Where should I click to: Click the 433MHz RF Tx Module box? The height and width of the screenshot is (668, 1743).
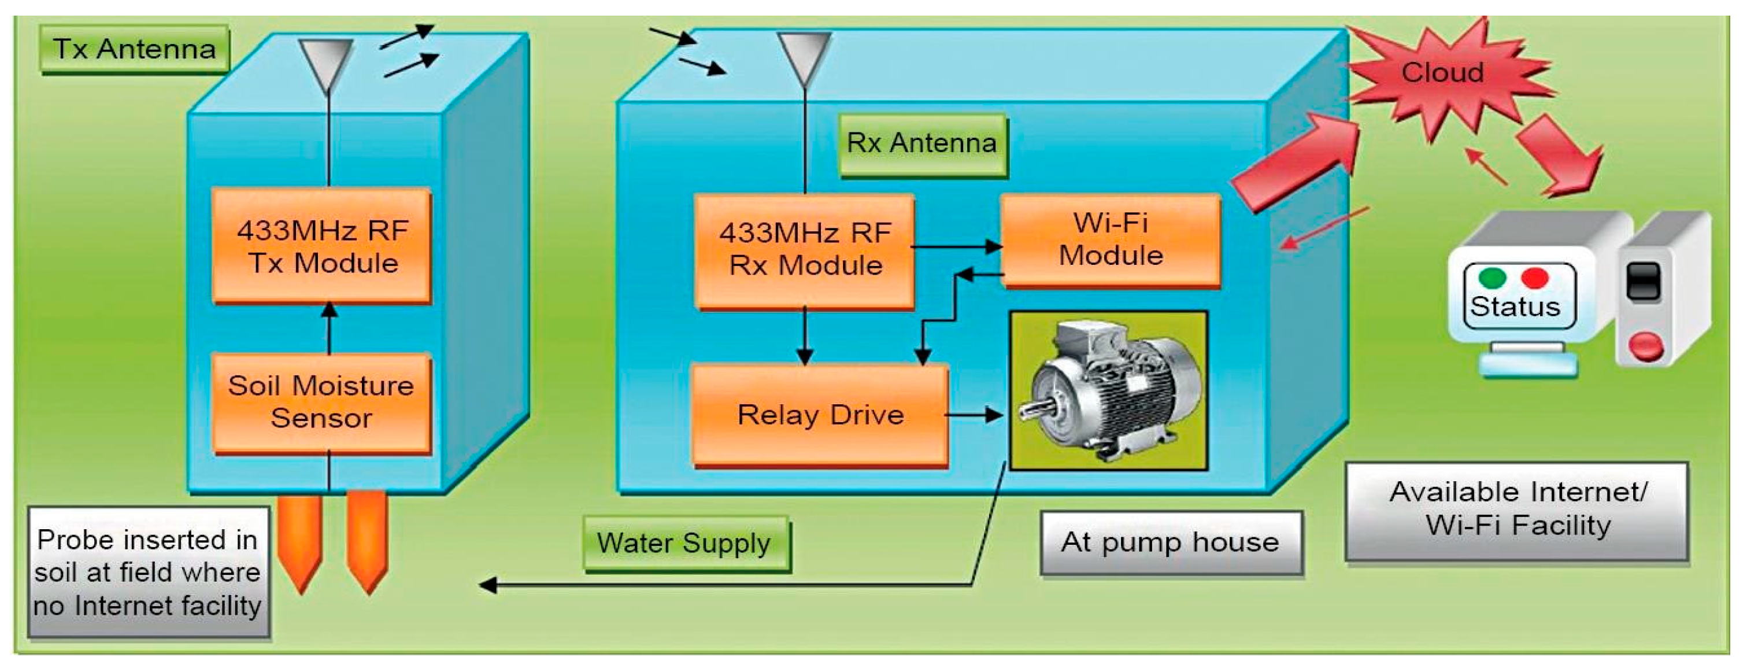pos(322,246)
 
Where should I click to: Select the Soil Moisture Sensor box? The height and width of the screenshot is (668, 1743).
pos(322,402)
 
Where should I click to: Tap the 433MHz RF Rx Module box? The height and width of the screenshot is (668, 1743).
pos(805,251)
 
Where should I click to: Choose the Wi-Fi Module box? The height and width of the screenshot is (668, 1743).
pos(1111,240)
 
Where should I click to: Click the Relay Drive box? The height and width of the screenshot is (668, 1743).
pos(820,415)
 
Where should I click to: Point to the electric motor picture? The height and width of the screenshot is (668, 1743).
pos(1108,390)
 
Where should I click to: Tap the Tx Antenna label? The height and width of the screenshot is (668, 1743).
pos(135,49)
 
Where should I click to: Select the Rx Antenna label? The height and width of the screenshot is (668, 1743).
pos(923,144)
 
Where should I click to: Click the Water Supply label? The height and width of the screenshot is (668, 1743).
pos(686,544)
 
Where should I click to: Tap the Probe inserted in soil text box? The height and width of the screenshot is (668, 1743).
pos(148,573)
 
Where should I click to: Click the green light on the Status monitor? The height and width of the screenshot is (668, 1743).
pos(1492,278)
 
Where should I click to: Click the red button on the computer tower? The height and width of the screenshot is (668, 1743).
pos(1645,345)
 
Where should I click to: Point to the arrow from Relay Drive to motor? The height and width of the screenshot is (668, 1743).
pos(973,415)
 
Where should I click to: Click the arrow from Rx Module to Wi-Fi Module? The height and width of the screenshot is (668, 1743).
pos(957,247)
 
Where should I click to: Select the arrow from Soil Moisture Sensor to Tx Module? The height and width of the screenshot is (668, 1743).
pos(329,329)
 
